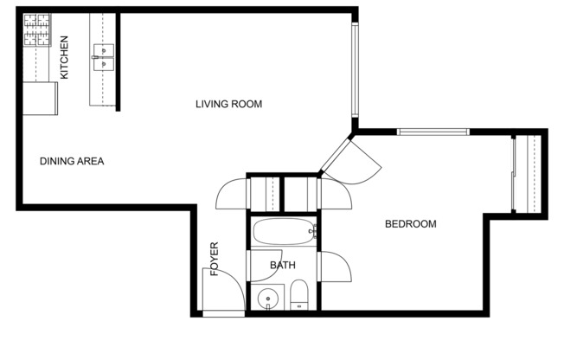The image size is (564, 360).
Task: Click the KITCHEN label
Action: [x=64, y=57]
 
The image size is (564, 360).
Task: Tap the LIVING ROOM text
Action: [x=228, y=105]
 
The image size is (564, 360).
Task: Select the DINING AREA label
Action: [x=72, y=161]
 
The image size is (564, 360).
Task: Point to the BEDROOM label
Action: [x=410, y=224]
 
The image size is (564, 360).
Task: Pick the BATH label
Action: [x=283, y=265]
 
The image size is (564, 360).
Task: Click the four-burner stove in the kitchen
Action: [x=38, y=31]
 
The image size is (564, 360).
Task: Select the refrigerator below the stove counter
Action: [x=40, y=98]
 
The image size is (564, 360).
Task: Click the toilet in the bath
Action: [x=298, y=295]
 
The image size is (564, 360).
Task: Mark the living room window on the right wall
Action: [x=354, y=69]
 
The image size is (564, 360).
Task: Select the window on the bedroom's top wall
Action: [x=433, y=132]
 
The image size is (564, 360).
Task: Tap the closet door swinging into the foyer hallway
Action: [x=231, y=192]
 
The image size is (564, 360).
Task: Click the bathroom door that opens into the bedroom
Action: [x=334, y=267]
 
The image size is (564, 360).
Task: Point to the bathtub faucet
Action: [x=313, y=232]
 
